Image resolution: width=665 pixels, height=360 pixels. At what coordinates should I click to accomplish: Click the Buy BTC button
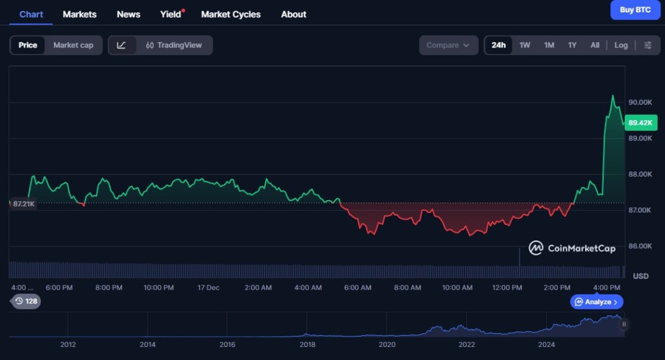(x=635, y=10)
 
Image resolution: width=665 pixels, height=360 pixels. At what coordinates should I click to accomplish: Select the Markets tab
(x=79, y=14)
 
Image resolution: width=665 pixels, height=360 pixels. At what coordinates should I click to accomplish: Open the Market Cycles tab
(x=231, y=14)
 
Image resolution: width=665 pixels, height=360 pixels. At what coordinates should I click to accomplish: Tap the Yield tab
(x=171, y=14)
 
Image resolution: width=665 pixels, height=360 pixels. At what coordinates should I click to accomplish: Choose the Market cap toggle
(x=73, y=45)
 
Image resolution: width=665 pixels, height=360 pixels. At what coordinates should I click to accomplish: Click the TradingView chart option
(x=174, y=45)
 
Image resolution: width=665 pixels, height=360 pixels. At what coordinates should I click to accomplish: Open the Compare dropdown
(x=447, y=45)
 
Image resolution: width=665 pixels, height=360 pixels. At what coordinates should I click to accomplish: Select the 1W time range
(x=525, y=45)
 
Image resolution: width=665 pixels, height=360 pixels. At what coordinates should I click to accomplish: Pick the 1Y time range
(x=572, y=45)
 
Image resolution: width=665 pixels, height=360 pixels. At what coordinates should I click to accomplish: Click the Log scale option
(x=621, y=45)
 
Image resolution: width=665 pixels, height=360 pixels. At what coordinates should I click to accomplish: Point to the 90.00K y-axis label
(x=640, y=103)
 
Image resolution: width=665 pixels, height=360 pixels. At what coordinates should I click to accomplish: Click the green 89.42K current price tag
(x=641, y=122)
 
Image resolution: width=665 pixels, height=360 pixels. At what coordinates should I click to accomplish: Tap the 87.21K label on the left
(x=23, y=204)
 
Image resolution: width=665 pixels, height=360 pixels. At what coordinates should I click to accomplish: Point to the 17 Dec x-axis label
(x=208, y=287)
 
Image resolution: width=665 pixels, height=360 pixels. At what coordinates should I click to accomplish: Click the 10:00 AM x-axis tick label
(x=457, y=287)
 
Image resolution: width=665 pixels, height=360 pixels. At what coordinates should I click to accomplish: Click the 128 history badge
(x=26, y=301)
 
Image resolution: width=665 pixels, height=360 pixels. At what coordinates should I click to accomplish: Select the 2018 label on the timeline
(x=307, y=344)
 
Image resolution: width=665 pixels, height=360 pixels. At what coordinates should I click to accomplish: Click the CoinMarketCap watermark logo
(x=572, y=248)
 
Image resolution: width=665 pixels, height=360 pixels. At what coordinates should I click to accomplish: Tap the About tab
(x=294, y=14)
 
